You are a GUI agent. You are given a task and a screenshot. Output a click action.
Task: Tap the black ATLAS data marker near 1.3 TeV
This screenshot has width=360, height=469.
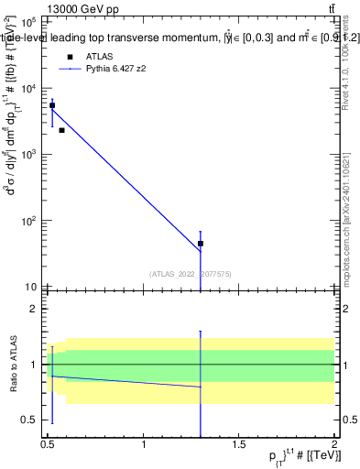coord(200,244)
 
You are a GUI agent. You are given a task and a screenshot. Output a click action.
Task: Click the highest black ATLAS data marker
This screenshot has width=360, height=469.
coord(52,105)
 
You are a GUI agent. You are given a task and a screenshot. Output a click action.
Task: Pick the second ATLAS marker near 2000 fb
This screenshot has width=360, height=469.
coord(61,130)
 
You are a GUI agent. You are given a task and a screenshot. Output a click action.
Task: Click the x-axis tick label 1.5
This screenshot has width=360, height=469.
coord(239,444)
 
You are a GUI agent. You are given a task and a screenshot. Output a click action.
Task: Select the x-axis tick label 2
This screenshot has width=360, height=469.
coord(334,444)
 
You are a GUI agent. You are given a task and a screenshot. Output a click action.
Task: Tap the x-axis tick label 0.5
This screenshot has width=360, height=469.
coord(49,444)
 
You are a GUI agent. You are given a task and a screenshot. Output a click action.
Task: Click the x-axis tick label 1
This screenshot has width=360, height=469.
coord(144,444)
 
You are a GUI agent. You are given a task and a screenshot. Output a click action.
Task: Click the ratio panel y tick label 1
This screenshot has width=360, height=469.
coord(33,365)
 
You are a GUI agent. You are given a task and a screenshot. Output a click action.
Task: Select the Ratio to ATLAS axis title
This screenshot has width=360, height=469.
coord(12,365)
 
